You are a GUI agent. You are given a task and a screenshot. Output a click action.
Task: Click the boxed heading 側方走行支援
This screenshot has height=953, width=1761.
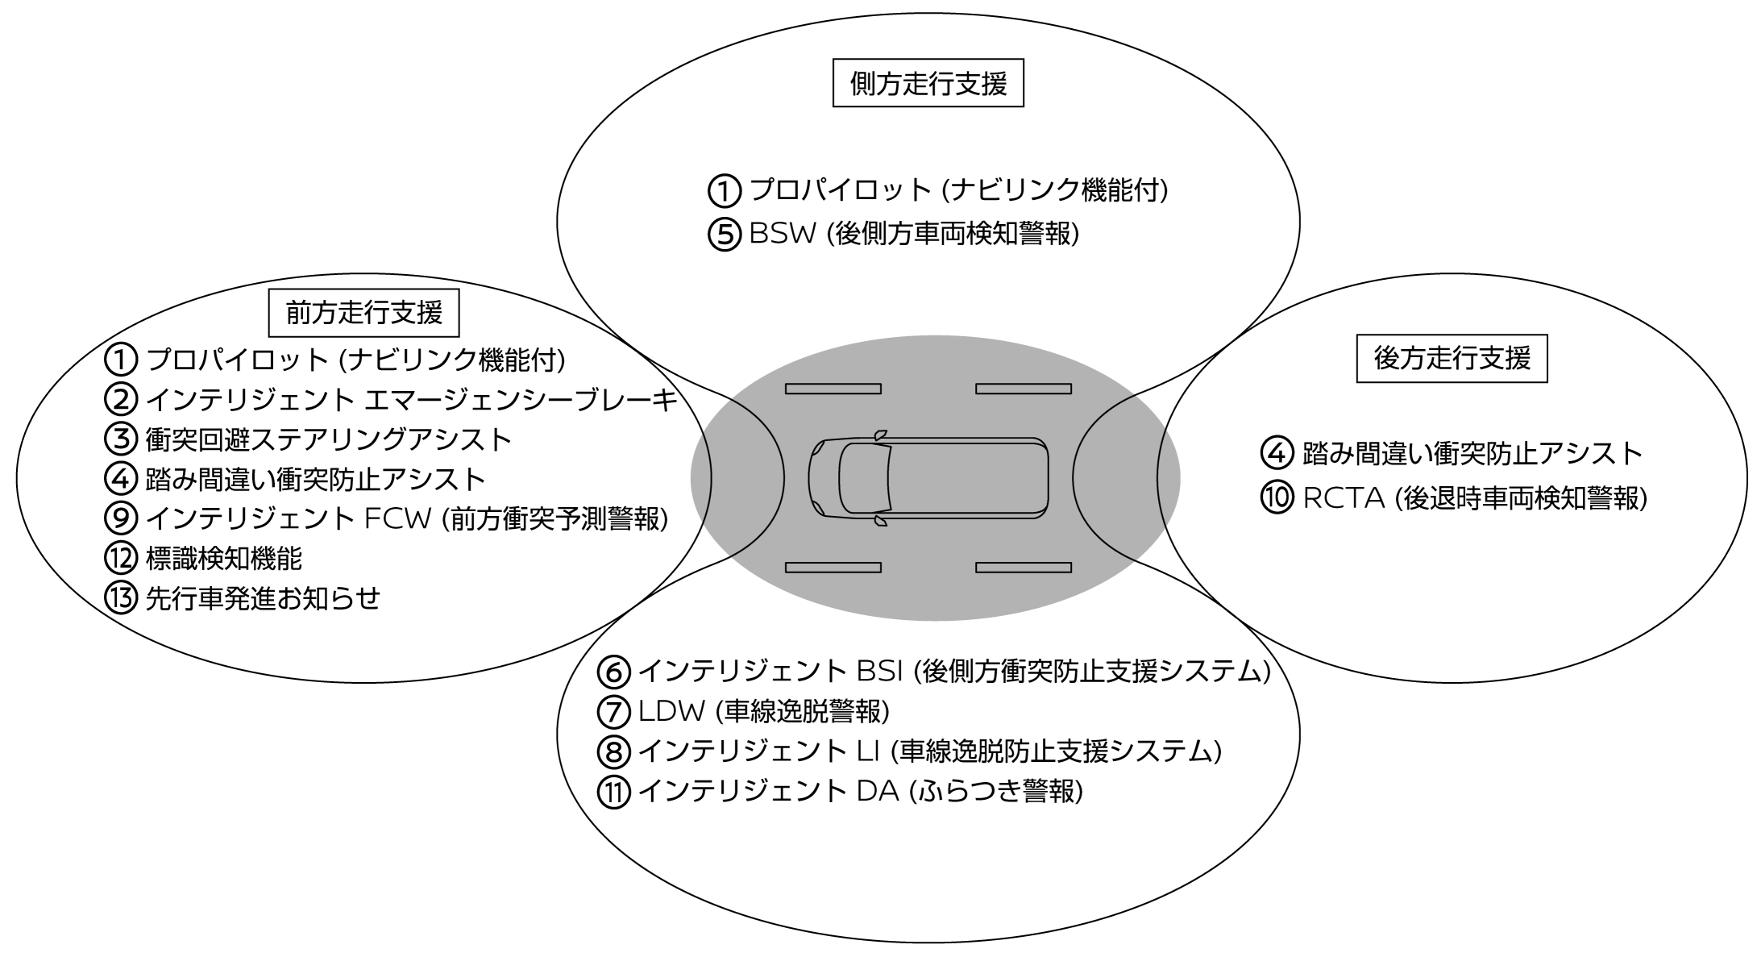point(928,83)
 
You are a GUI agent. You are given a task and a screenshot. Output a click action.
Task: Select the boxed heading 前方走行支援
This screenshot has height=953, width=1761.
point(363,313)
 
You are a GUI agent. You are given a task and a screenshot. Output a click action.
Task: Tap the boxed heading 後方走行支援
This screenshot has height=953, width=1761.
point(1452,358)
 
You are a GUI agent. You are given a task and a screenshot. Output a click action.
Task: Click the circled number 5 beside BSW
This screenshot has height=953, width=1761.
point(723,235)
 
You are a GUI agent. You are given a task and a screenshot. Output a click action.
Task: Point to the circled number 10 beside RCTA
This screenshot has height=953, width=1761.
point(1277,498)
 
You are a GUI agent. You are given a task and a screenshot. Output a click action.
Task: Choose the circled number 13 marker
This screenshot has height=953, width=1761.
point(121,598)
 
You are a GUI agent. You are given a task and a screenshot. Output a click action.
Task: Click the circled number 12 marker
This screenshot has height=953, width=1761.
point(121,558)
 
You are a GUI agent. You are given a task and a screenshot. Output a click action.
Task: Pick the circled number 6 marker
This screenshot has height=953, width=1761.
point(613,671)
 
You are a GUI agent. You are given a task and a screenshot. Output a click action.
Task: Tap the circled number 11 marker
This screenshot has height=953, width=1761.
point(613,792)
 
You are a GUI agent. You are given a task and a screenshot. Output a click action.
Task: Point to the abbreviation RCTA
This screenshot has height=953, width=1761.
point(1344,498)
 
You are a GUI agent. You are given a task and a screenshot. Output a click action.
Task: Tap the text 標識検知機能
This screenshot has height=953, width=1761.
point(224,558)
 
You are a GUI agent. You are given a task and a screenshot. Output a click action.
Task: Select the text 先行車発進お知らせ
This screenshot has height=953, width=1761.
point(263,598)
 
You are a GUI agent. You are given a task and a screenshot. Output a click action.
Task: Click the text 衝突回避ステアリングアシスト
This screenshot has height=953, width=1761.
point(329,439)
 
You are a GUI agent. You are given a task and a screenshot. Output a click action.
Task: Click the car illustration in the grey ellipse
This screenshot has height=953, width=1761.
point(928,477)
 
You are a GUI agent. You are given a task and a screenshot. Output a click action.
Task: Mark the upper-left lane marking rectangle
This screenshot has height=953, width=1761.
point(833,389)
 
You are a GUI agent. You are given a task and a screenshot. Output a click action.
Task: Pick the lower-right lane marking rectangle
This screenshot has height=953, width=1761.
point(1023,568)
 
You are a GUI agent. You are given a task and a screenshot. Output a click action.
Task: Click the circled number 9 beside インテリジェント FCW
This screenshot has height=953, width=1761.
point(121,518)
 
